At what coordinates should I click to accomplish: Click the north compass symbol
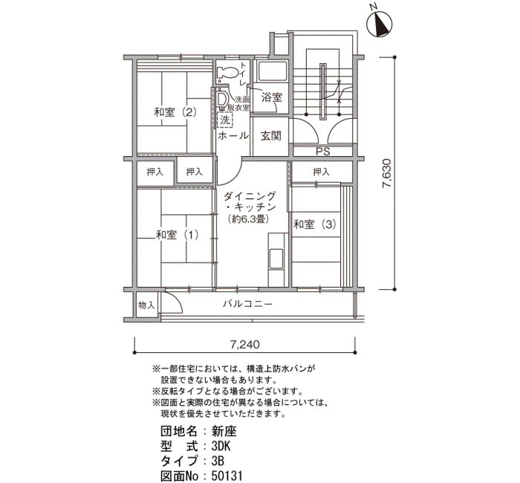click(380, 25)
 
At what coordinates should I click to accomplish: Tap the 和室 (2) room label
click(175, 112)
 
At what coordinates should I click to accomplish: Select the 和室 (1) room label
click(177, 235)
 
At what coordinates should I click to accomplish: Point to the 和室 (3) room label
click(315, 224)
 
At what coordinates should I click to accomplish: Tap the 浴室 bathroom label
click(272, 97)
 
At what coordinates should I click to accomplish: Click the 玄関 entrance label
click(271, 135)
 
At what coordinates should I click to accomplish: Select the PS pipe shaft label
click(322, 152)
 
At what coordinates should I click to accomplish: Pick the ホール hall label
click(233, 135)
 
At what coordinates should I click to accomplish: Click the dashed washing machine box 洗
click(225, 120)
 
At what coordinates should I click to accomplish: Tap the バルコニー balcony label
click(247, 303)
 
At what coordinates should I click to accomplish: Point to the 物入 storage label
click(146, 305)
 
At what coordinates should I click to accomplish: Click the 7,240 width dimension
click(244, 344)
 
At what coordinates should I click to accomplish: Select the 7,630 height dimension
click(387, 173)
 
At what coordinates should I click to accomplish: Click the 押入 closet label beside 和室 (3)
click(321, 172)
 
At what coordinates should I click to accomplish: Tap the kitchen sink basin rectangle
click(276, 259)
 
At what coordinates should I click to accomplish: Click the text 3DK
click(221, 446)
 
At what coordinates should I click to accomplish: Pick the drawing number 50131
click(227, 476)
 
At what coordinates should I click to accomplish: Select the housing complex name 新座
click(224, 431)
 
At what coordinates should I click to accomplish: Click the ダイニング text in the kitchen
click(250, 196)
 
